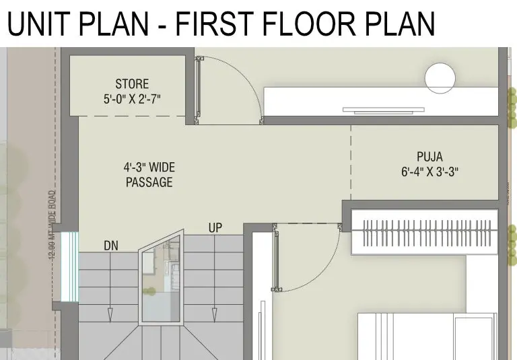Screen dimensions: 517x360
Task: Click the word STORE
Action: coord(132,83)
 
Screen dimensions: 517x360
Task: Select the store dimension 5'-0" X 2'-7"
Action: coord(132,99)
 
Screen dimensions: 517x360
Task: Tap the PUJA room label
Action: coord(429,157)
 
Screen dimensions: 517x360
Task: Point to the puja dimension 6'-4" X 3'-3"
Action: coord(429,172)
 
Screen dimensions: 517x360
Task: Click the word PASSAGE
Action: coord(149,182)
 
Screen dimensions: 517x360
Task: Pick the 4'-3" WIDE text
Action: coord(149,167)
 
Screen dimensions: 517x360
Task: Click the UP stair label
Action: coord(215,228)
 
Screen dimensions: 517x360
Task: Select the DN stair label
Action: coord(111,246)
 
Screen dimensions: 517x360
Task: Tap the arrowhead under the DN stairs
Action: coord(110,315)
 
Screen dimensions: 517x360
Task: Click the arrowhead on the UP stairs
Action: coord(214,315)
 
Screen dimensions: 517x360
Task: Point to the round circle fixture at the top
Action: coord(440,79)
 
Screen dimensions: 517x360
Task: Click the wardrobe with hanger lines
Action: coord(425,232)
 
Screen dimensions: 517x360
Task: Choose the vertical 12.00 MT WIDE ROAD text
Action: coord(53,225)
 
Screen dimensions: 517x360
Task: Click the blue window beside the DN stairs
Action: coord(70,266)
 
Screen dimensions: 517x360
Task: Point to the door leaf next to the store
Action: coord(198,89)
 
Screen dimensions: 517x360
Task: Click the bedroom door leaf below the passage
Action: coord(276,257)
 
